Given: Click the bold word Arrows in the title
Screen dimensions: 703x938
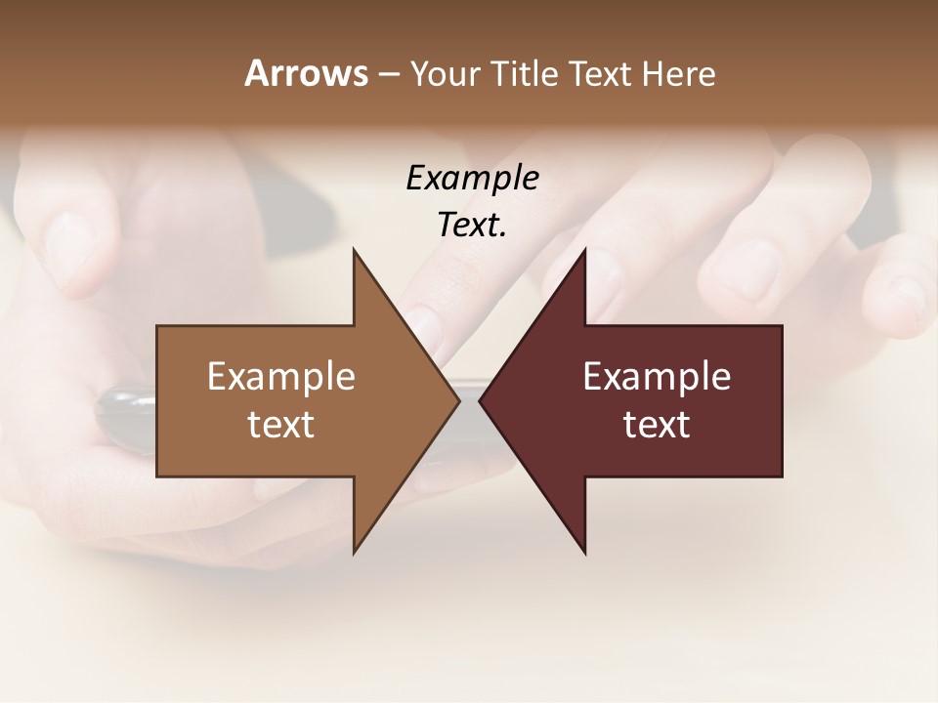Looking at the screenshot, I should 306,73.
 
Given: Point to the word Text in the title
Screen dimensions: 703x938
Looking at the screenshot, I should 602,73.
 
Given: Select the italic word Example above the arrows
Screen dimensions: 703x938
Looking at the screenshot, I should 472,179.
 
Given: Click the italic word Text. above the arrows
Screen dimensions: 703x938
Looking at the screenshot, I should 472,226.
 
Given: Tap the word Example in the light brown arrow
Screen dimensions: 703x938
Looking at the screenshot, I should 281,377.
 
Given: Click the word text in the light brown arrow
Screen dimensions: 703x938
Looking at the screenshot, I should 281,425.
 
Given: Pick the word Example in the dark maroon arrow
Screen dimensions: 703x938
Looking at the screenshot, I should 657,377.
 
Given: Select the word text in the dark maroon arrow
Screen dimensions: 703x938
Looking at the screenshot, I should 657,425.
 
